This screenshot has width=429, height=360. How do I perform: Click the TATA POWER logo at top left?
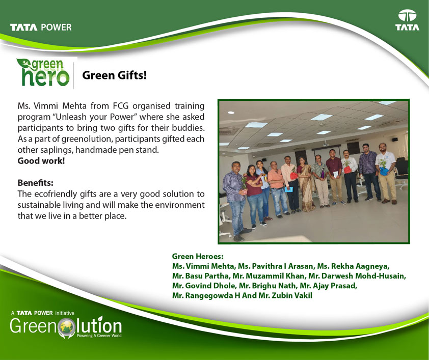[x=41, y=27]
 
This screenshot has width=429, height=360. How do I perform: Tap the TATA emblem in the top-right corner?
[x=407, y=20]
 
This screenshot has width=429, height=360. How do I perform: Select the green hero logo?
[x=43, y=72]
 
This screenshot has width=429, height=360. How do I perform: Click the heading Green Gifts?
[x=114, y=75]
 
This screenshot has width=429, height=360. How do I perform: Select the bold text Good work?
[x=41, y=161]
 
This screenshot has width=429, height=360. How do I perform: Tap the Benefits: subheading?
[x=36, y=183]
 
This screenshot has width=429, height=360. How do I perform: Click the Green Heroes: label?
[x=198, y=257]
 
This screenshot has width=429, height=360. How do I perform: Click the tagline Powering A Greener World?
[x=99, y=336]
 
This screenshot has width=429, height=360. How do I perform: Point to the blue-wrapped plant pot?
[x=383, y=171]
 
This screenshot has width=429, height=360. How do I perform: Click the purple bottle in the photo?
[x=323, y=174]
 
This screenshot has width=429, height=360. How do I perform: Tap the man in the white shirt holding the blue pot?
[x=386, y=173]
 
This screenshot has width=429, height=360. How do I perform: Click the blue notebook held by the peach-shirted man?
[x=288, y=189]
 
